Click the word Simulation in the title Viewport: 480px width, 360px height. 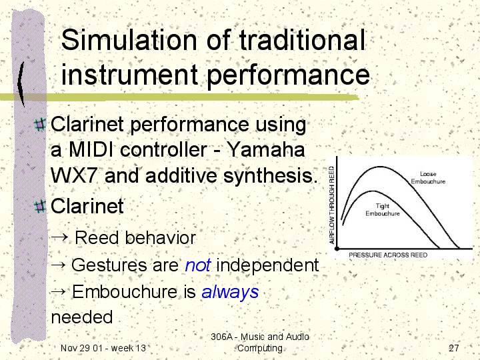click(x=129, y=40)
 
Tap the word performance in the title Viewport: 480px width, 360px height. click(x=289, y=75)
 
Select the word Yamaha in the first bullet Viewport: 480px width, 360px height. click(x=266, y=149)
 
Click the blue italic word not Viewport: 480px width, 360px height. click(x=198, y=265)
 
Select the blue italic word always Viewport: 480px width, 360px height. click(x=230, y=293)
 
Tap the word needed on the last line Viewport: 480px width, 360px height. click(x=82, y=317)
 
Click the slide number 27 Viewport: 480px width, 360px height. click(x=454, y=348)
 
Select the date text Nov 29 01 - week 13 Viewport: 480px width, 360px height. click(x=103, y=348)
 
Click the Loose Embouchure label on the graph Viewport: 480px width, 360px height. click(x=428, y=177)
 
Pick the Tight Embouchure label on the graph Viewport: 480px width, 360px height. click(x=383, y=210)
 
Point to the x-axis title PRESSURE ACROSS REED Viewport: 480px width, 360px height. click(x=388, y=255)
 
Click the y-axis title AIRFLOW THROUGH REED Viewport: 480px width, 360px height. click(x=331, y=205)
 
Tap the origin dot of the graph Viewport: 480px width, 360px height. click(x=337, y=249)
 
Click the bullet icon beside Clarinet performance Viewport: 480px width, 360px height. click(x=40, y=125)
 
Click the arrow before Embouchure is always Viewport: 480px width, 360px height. click(x=58, y=291)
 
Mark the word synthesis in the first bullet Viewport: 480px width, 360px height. click(x=270, y=176)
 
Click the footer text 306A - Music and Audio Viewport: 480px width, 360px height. click(x=260, y=337)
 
